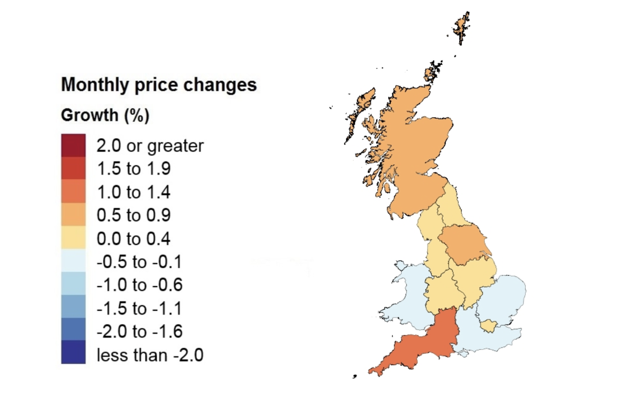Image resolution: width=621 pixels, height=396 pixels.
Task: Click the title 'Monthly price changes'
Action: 158,85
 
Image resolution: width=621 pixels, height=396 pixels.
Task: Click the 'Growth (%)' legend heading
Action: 105,115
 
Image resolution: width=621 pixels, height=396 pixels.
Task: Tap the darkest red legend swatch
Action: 73,145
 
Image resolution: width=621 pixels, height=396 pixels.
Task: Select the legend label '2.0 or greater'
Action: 150,146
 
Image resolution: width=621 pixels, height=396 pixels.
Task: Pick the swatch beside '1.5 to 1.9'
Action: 73,168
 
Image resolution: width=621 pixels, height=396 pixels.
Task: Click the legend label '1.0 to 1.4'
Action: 134,192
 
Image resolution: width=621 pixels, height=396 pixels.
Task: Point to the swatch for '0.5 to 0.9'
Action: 73,215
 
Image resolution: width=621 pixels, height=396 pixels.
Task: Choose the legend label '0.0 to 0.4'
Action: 134,238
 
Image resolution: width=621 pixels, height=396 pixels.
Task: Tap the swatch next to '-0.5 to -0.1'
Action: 73,261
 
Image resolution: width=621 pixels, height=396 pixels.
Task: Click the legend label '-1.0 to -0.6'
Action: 140,285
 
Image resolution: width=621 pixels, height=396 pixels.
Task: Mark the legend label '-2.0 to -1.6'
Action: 140,331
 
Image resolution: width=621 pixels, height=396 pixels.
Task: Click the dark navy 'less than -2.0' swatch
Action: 73,353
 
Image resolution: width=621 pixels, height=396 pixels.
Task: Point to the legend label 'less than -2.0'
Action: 150,356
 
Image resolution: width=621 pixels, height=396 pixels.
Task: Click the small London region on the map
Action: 489,326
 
